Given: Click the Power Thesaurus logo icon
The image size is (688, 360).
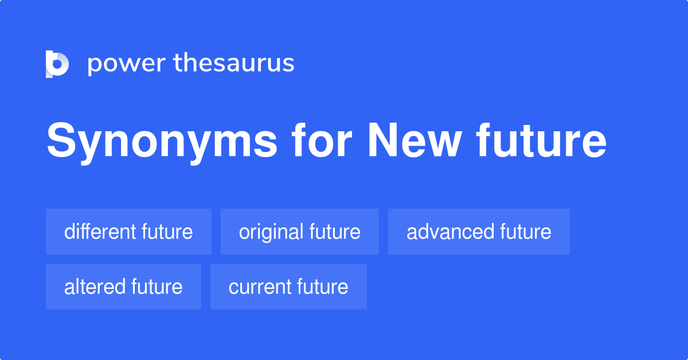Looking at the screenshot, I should click(57, 64).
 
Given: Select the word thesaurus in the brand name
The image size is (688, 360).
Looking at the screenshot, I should click(234, 64).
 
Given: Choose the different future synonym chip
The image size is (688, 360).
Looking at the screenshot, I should click(128, 232).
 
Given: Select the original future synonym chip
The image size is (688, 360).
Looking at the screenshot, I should click(300, 232).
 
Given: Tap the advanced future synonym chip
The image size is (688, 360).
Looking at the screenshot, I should click(479, 232).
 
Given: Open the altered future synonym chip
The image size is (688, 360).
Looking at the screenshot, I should click(123, 287).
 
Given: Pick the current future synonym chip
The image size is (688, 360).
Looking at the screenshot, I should click(288, 287).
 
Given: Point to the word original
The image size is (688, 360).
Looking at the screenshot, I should click(271, 232).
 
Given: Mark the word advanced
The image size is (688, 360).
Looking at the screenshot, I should click(450, 232).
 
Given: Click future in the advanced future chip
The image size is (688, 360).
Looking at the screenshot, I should click(526, 232).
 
